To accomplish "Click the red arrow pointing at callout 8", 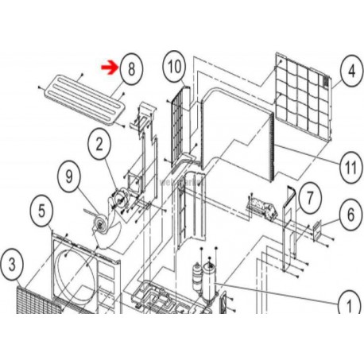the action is point(110,68).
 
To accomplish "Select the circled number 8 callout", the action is point(131,69).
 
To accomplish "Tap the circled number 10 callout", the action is point(174,67).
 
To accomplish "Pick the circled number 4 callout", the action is point(351,71).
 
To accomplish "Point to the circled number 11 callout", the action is point(350,167).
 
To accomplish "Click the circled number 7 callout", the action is point(310,198).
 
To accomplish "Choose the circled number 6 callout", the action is point(350,215).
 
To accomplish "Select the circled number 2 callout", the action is point(99,145).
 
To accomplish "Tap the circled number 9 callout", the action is point(69,176).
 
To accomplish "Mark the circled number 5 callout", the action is point(42,211).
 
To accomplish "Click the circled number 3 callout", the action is point(12,265).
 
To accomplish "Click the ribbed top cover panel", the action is point(84,99).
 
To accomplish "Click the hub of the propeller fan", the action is point(101,224).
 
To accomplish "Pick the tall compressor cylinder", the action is point(210,281).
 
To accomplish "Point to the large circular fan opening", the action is point(75,276).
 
